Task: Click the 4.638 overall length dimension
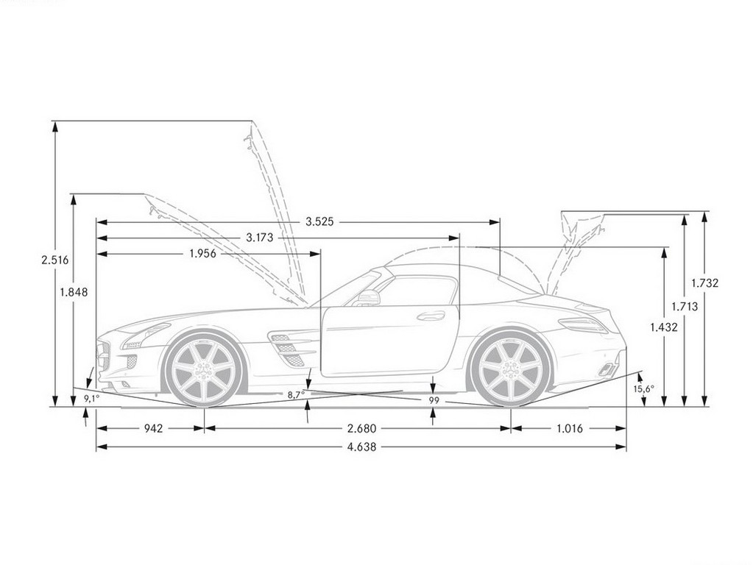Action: click(x=362, y=447)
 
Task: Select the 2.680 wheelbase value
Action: click(x=362, y=428)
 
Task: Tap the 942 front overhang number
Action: click(x=153, y=428)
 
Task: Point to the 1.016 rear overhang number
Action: click(x=570, y=428)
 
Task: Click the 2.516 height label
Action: click(x=54, y=260)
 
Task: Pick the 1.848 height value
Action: click(x=74, y=292)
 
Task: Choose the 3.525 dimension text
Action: click(x=320, y=221)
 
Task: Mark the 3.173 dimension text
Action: click(x=259, y=237)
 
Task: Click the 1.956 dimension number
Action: click(x=202, y=254)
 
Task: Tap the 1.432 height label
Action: click(x=664, y=327)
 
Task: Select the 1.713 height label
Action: click(x=685, y=306)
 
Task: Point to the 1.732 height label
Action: click(x=705, y=283)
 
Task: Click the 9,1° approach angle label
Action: click(x=91, y=398)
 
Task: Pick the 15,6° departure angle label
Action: click(x=643, y=389)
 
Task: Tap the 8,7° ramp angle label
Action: click(x=297, y=394)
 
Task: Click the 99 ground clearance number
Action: click(x=434, y=401)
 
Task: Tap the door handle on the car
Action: click(x=431, y=316)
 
